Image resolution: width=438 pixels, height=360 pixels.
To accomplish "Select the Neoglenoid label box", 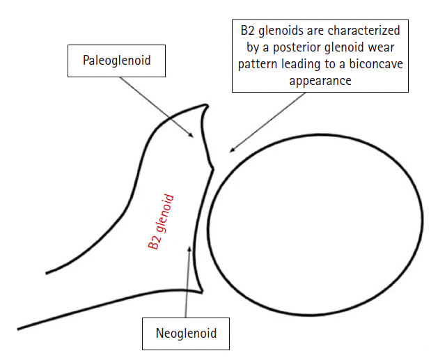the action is pos(186,333).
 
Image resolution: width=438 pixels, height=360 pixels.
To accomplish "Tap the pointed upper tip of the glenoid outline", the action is pos(207,104).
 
